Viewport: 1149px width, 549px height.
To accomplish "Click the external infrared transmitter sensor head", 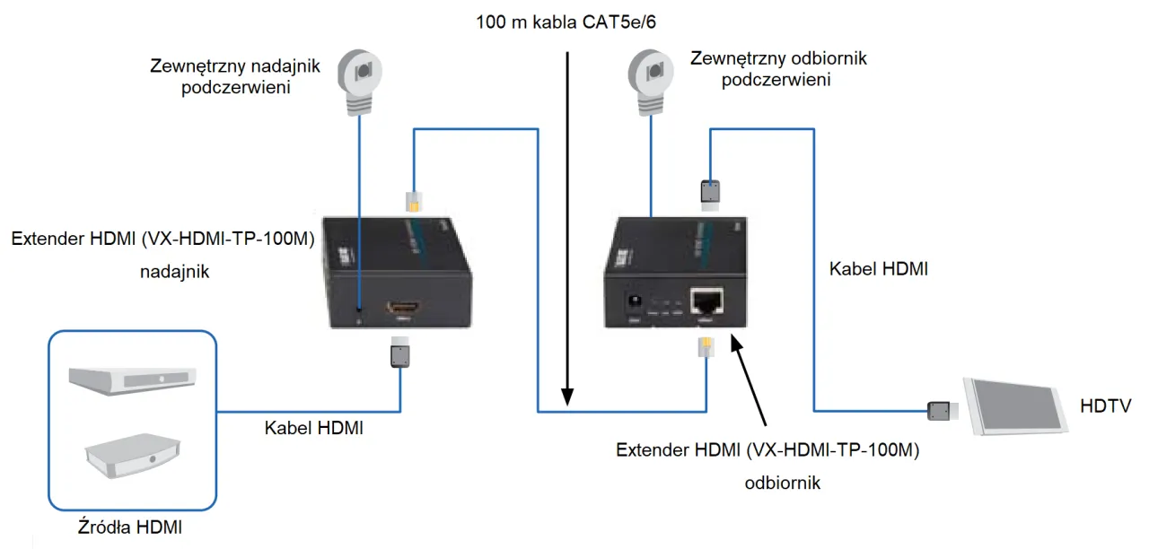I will [359, 73].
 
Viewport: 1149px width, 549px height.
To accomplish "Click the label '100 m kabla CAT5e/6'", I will [566, 19].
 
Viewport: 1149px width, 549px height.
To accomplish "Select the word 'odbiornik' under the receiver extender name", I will [782, 483].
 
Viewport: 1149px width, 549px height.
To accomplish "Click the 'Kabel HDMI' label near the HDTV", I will [879, 268].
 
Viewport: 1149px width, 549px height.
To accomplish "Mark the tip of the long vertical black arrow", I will [567, 403].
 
